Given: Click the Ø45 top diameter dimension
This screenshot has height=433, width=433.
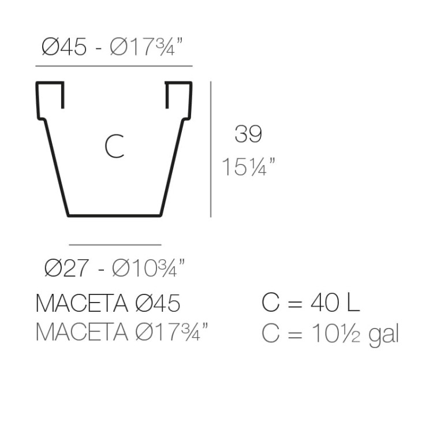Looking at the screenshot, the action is [64, 47].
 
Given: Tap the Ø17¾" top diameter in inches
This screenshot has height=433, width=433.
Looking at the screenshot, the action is [147, 47].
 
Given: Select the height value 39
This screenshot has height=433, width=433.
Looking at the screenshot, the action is [248, 134].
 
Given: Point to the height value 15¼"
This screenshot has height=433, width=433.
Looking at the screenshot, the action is [248, 166].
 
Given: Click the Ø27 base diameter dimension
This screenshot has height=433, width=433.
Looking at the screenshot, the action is [66, 267].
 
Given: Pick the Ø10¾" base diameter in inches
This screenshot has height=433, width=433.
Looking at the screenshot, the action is [148, 267].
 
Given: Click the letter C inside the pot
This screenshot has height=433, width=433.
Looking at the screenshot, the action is [114, 146].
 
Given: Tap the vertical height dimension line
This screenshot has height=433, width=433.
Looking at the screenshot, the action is [211, 149].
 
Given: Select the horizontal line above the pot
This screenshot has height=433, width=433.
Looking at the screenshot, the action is [114, 66].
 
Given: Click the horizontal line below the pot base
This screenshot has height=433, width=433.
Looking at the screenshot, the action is [115, 245].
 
